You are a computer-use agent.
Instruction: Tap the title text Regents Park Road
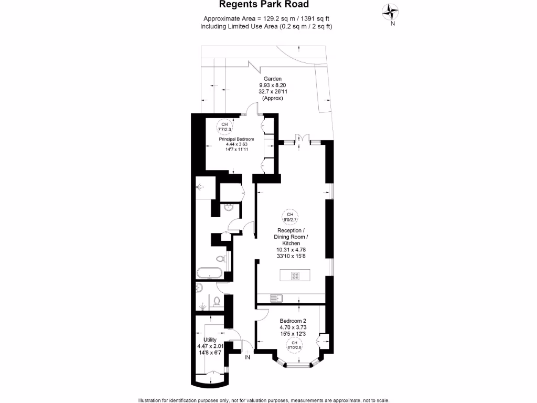pos(267,5)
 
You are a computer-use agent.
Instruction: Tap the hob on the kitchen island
pos(295,275)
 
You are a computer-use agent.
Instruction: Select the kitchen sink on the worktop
pos(276,298)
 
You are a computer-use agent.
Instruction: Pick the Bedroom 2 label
pos(293,321)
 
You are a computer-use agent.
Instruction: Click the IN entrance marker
pos(248,358)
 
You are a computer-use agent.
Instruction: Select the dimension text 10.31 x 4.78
pos(291,250)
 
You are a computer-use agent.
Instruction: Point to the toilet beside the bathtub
pos(221,258)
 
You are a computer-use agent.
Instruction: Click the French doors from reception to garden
pos(299,140)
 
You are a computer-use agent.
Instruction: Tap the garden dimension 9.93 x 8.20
pos(273,85)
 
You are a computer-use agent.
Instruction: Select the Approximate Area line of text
pos(266,19)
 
